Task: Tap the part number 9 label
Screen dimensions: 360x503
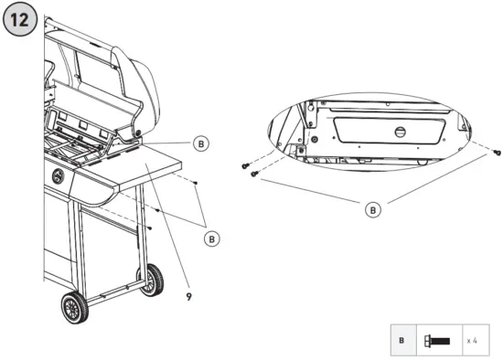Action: click(x=188, y=296)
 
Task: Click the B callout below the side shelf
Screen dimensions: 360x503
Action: click(x=211, y=238)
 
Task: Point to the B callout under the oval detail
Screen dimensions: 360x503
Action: click(x=373, y=210)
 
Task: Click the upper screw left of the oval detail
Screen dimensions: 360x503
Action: click(x=246, y=164)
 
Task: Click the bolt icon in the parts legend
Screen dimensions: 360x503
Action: click(x=437, y=339)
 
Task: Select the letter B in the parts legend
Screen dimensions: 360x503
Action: click(x=401, y=339)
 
